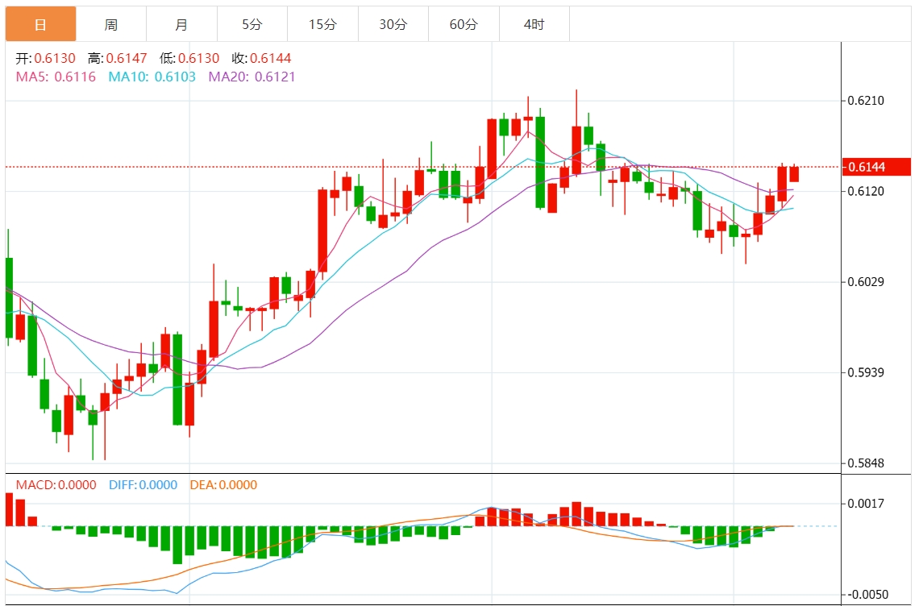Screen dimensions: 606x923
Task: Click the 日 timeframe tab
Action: point(40,25)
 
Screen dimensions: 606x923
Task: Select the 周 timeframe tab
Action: point(111,25)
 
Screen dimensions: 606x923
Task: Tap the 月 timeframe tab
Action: point(181,25)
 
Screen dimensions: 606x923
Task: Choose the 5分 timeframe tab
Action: point(252,25)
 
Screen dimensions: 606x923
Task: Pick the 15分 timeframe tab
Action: point(322,25)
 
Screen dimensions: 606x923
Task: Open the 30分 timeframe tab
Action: point(393,25)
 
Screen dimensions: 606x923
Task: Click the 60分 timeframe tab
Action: point(464,25)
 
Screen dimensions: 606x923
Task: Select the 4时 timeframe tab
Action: point(534,25)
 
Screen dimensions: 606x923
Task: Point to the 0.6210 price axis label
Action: point(866,101)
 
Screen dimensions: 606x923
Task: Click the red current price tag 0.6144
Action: point(876,167)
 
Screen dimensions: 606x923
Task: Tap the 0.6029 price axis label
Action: point(866,281)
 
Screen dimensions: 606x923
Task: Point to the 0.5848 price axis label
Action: point(866,463)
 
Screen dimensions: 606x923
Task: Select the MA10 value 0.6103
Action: point(174,77)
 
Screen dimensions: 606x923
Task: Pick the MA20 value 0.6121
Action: point(275,77)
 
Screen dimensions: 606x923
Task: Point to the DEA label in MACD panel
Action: point(201,485)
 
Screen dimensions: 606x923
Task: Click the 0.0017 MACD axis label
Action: point(866,504)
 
